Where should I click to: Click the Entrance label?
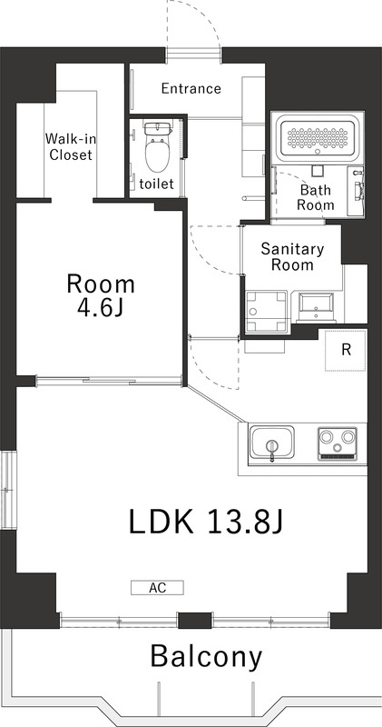(x=191, y=88)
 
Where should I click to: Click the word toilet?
(x=156, y=184)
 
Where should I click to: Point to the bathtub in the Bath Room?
(x=318, y=137)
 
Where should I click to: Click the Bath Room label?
(x=317, y=197)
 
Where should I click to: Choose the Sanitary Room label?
(x=292, y=256)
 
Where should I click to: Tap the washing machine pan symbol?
(x=266, y=312)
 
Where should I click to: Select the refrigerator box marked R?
(x=347, y=350)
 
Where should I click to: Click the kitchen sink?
(x=271, y=445)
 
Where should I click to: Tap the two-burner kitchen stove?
(x=338, y=445)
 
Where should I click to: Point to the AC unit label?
(x=158, y=587)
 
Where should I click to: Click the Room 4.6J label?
(x=101, y=294)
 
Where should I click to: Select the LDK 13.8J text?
(x=207, y=522)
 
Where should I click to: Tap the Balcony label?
(x=206, y=655)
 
